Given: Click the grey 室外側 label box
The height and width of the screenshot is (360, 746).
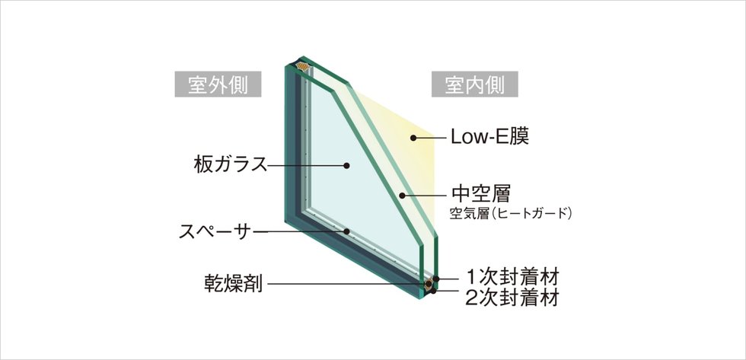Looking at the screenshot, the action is click(x=218, y=84).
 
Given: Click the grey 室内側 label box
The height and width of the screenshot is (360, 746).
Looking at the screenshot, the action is click(x=475, y=84).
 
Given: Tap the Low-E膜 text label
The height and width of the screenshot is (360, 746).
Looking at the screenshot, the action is click(x=489, y=137).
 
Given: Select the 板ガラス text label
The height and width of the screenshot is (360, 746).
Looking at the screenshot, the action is click(x=230, y=164).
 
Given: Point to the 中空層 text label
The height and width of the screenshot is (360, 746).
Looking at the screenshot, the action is click(x=480, y=194).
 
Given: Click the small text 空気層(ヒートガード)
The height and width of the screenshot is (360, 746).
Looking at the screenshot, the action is click(x=511, y=213).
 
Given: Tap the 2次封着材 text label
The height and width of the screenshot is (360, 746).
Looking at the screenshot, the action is click(x=512, y=298).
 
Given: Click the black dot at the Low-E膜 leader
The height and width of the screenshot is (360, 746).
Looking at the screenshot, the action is click(x=413, y=138).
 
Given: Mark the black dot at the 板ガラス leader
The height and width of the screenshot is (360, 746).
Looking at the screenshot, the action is click(x=346, y=165).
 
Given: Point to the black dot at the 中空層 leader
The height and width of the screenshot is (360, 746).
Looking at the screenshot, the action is click(x=402, y=195).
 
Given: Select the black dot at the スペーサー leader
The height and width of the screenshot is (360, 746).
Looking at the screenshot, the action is click(x=347, y=231).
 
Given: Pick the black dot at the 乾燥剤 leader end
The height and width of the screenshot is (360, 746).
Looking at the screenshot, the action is click(x=429, y=285).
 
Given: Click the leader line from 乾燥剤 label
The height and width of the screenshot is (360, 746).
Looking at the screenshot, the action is click(x=346, y=285).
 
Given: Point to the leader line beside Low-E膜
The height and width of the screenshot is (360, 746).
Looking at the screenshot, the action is click(x=430, y=138).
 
